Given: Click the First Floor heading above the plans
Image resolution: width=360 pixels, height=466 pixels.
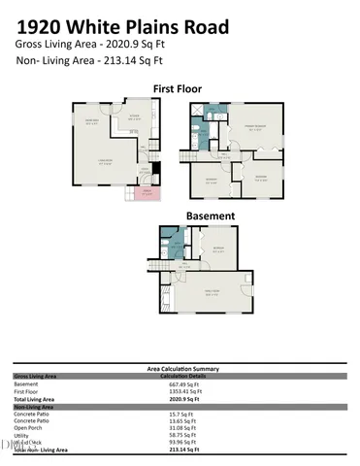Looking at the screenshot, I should (x=180, y=88).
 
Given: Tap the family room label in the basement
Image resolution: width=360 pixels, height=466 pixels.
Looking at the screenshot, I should (x=211, y=292).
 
